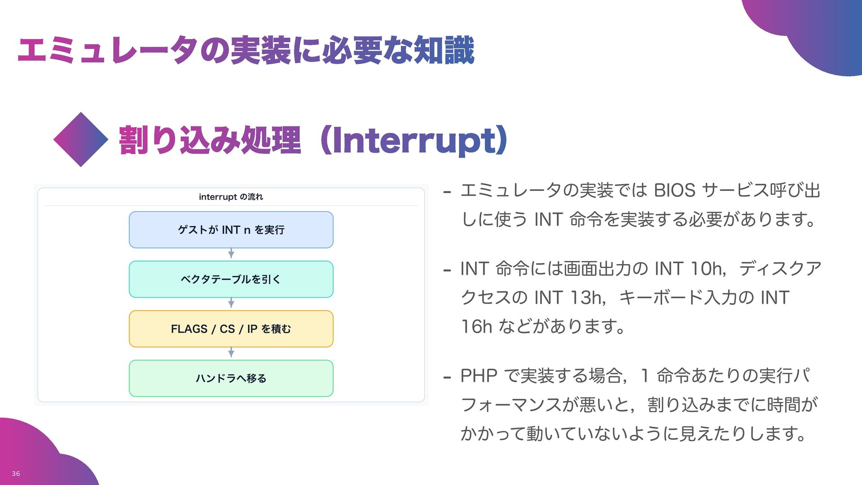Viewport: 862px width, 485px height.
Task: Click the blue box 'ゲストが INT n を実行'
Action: (x=231, y=230)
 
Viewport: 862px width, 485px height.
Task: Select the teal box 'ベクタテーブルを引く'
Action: (x=231, y=279)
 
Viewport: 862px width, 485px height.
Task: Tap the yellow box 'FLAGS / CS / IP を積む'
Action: (x=231, y=329)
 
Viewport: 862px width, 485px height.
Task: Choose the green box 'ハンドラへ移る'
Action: (x=231, y=378)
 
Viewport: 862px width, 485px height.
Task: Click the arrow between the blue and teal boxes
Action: (x=231, y=254)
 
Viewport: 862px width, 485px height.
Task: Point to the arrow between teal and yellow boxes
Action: (x=231, y=304)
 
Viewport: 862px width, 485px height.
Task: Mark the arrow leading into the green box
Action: (x=231, y=353)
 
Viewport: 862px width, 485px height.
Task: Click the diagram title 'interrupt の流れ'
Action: (x=231, y=197)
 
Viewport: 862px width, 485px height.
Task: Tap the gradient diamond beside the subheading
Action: (x=81, y=140)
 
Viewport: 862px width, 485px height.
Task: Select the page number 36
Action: (x=16, y=473)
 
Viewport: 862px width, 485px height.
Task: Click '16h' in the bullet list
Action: (x=477, y=326)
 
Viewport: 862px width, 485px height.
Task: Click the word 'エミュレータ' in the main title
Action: (x=108, y=50)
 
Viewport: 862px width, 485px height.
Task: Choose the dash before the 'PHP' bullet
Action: (x=447, y=377)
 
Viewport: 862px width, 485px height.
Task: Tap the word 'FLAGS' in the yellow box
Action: (x=189, y=329)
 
